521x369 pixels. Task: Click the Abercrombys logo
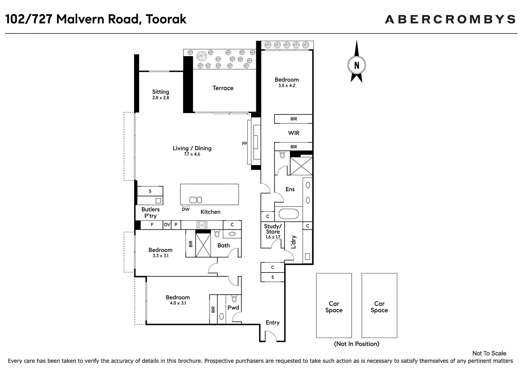(450, 19)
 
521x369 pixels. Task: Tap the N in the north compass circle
(357, 66)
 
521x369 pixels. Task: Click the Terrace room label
(223, 88)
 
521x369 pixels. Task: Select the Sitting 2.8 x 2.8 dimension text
(161, 98)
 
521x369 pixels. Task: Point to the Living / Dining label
(192, 148)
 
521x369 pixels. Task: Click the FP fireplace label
(244, 144)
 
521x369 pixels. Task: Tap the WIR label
(294, 133)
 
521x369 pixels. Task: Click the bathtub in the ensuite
(289, 214)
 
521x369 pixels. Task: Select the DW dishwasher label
(186, 209)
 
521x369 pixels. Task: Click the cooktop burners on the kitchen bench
(202, 225)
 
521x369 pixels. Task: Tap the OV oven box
(167, 225)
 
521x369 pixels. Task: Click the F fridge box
(152, 225)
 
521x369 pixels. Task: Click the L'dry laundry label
(293, 242)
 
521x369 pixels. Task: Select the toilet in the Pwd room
(234, 299)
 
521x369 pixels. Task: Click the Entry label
(273, 323)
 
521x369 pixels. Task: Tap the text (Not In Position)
(357, 344)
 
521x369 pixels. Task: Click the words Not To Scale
(489, 353)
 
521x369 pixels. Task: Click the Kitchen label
(210, 212)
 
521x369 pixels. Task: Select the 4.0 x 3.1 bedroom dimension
(178, 303)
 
